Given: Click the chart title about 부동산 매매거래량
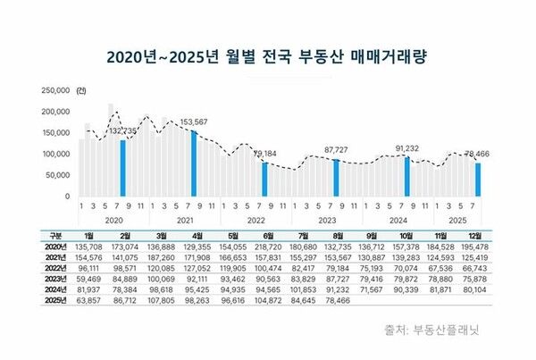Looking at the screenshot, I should (x=268, y=56).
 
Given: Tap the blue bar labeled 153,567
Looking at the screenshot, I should (x=193, y=163).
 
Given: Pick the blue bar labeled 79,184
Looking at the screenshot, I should (x=264, y=179).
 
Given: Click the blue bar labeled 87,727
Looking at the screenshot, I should (x=336, y=177).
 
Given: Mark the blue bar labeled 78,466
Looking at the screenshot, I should (x=478, y=179).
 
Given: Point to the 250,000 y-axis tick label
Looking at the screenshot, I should (x=55, y=90).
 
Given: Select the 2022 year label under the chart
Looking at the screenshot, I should (x=256, y=218).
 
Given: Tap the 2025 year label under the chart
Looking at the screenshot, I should (x=456, y=218).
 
